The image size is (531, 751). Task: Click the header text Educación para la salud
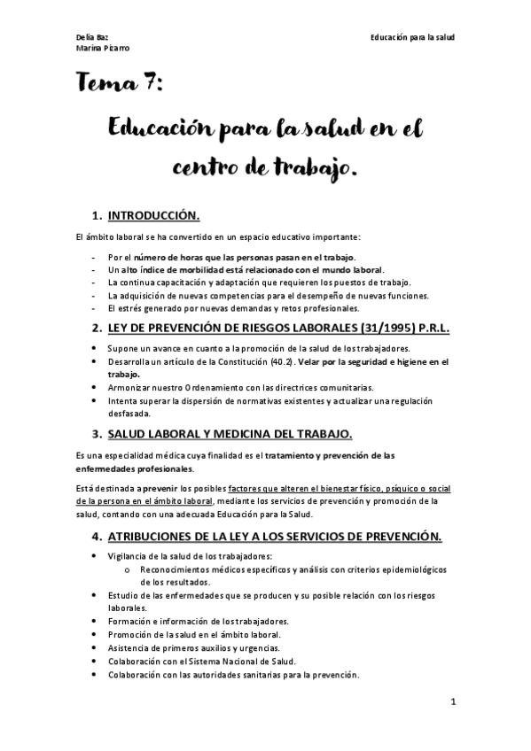tap(413, 35)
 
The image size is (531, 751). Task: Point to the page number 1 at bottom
tap(452, 702)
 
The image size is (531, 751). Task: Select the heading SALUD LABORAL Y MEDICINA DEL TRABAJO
tap(230, 433)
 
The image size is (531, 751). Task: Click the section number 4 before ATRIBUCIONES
tap(96, 536)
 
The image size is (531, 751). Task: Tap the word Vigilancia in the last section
tap(129, 554)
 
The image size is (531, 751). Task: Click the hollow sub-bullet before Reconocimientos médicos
tap(129, 569)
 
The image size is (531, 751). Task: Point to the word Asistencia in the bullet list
tap(130, 647)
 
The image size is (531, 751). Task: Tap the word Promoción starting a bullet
tap(131, 634)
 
